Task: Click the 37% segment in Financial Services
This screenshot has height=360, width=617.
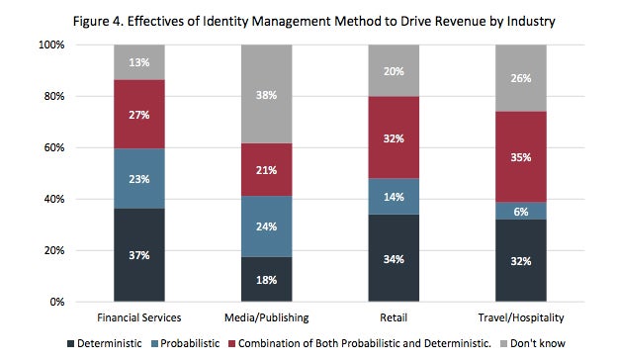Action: pos(139,255)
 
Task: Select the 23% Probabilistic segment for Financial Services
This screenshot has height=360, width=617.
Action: pos(139,179)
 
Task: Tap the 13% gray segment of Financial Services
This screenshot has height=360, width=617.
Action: pos(139,62)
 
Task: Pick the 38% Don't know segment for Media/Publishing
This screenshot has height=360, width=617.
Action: pos(266,94)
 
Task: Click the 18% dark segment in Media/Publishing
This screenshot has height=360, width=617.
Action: pos(266,279)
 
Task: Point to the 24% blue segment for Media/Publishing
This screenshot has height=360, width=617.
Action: pos(266,226)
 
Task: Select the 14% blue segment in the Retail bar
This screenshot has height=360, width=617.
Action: pos(394,197)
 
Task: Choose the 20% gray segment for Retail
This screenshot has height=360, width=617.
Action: pos(394,71)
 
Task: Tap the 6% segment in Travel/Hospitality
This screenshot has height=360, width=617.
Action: pos(521,212)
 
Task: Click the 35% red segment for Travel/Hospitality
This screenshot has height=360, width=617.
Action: pos(521,157)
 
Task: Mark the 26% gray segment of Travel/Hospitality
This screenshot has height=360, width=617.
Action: pos(521,78)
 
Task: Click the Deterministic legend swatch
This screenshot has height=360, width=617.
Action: pos(71,343)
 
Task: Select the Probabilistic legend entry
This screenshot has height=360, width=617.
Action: pos(185,343)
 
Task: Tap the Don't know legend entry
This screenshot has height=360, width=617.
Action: pos(533,343)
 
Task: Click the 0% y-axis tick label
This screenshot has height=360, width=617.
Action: pos(57,302)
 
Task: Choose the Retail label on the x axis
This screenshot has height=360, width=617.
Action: pos(394,317)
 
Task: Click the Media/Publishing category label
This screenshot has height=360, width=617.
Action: pos(266,317)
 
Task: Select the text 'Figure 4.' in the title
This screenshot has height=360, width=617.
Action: pos(99,21)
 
